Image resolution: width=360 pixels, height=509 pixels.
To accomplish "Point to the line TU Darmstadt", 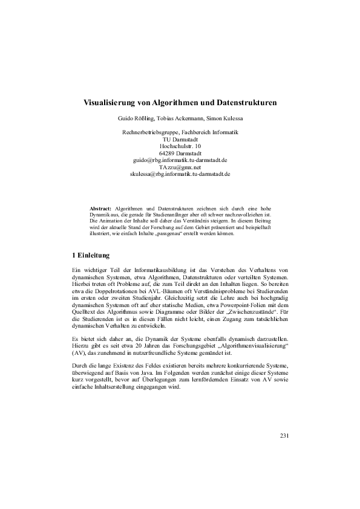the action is [180, 139].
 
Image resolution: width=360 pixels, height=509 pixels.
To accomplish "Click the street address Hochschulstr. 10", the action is [180, 146].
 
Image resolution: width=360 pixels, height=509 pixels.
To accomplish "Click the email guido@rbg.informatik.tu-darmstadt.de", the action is [180, 160].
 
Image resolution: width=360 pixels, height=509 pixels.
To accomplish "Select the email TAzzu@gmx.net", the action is [180, 167].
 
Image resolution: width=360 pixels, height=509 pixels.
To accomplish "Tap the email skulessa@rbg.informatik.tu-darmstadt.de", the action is [180, 174].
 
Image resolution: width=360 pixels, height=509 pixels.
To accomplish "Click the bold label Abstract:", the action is [100, 207].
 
